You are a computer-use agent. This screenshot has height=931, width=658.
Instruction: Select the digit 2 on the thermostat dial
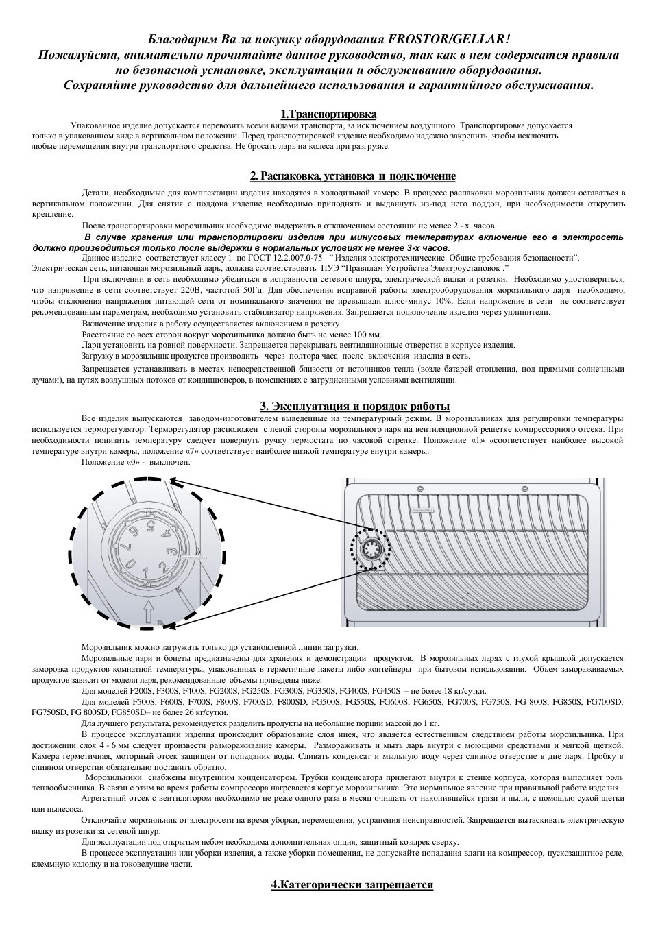click(162, 566)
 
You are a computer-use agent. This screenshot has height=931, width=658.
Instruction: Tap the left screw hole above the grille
click(419, 488)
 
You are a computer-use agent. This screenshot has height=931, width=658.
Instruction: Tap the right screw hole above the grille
click(525, 488)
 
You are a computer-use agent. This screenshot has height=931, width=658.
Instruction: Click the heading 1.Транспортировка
click(328, 114)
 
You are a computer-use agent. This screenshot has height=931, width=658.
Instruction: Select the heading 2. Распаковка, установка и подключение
click(353, 176)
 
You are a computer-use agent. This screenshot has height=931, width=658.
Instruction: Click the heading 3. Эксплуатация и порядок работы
click(354, 406)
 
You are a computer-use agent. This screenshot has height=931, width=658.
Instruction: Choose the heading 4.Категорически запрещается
click(352, 884)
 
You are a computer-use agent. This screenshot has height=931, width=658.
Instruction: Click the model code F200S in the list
click(143, 691)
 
